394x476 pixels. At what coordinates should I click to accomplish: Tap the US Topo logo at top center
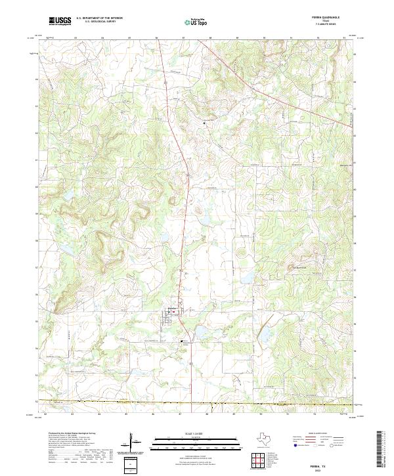click(196, 23)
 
